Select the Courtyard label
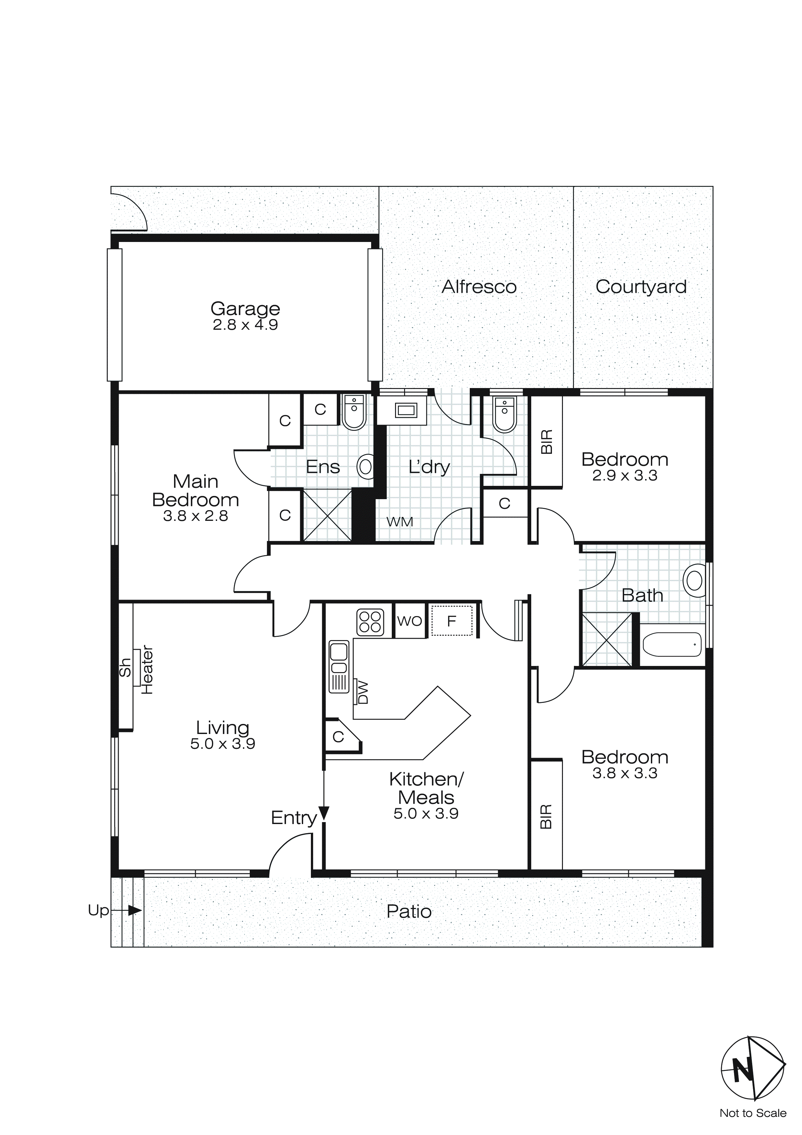(641, 287)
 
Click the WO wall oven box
(410, 621)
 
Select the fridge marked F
(451, 621)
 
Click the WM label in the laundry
(400, 522)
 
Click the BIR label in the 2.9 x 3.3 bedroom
(546, 441)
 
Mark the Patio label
(409, 911)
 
